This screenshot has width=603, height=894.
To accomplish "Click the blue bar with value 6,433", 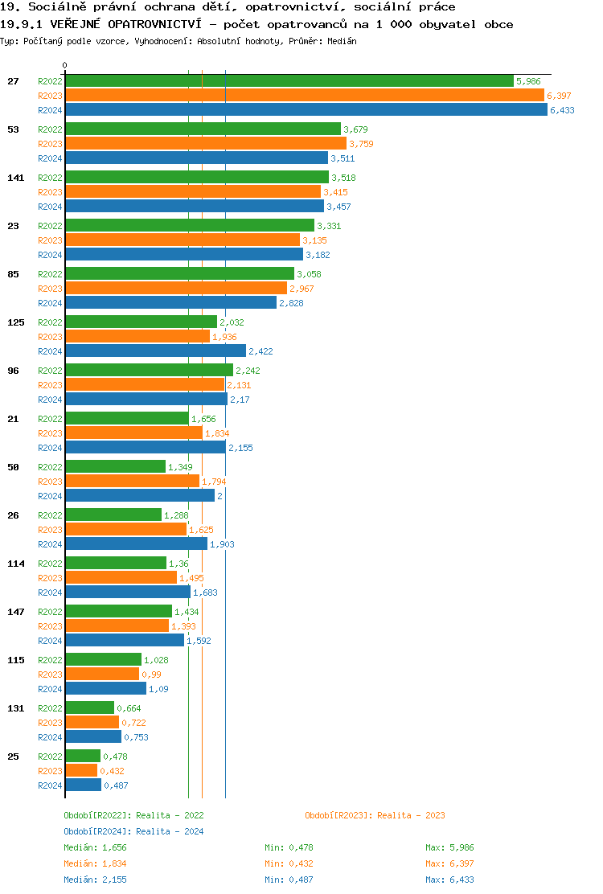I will pos(306,110).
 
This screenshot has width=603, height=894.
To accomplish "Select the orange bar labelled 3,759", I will pos(206,144).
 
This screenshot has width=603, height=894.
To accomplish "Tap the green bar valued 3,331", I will pos(190,226).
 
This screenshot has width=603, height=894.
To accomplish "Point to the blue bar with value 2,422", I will pos(155,351).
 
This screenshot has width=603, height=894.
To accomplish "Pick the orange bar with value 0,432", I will pos(81,771).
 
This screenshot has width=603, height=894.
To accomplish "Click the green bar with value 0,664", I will pos(89,708).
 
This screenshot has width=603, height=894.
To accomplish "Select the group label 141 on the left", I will pos(15,178).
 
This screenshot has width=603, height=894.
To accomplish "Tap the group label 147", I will pos(15,612).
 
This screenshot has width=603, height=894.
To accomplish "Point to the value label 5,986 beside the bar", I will pos(528,81).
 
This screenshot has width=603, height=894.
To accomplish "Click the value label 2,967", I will pos(301,289).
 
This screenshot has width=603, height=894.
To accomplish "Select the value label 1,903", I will pos(222,544).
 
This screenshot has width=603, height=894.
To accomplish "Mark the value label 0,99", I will pos(151,675).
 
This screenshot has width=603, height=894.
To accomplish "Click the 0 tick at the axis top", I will pos(65,66).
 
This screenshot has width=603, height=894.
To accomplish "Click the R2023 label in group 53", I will pos(50,144).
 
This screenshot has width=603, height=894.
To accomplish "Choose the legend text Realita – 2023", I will pos(411,815).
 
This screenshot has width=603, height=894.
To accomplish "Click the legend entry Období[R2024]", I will pos(98,831).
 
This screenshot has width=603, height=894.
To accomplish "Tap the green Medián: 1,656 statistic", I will pos(95,847).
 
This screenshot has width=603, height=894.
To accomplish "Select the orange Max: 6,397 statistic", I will pos(449,863).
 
